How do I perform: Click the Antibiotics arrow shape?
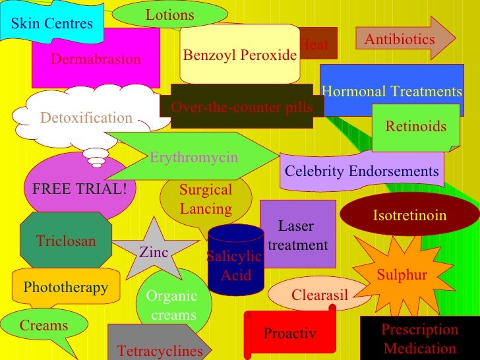(x=400, y=40)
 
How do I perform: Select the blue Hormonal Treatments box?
(x=392, y=91)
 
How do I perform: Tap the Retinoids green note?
(x=415, y=126)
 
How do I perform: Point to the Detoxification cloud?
(x=86, y=118)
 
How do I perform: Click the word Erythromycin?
(x=194, y=158)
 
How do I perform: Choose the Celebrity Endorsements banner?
(x=361, y=171)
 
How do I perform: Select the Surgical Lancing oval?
(x=206, y=199)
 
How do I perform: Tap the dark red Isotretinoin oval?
(x=409, y=216)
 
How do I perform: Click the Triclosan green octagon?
(x=66, y=241)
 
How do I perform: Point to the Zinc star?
(x=154, y=251)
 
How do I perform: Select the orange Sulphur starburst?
(x=402, y=275)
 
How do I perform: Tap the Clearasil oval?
(x=319, y=294)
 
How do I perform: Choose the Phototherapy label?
(x=65, y=287)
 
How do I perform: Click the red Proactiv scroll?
(x=290, y=333)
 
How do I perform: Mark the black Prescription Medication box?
(x=420, y=338)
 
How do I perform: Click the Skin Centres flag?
(x=52, y=24)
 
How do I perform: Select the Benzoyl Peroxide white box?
(x=239, y=55)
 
